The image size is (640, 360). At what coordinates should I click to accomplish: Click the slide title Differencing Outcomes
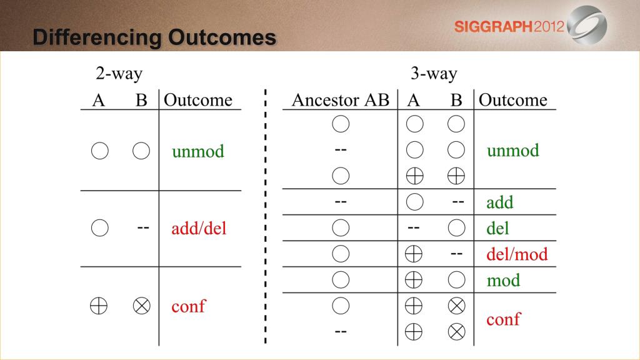[154, 37]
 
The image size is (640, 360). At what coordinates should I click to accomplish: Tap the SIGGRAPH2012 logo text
[509, 27]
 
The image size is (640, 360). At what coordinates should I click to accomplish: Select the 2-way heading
[119, 74]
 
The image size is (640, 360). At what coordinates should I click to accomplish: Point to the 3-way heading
[434, 74]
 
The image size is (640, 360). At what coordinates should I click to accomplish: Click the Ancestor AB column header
[341, 100]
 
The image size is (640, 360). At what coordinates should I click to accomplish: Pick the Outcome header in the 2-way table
[198, 100]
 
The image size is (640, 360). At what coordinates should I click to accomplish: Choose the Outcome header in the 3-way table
[512, 100]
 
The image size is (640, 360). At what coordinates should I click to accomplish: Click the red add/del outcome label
[199, 228]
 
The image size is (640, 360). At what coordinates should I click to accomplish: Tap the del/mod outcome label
[517, 254]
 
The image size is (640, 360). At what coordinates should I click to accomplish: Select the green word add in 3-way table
[499, 202]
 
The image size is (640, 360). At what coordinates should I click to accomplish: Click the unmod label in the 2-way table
[198, 151]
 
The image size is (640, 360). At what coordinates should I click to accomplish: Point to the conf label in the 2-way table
[189, 306]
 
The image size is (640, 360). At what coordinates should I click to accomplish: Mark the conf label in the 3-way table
[503, 319]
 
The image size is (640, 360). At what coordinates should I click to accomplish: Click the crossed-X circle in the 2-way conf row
[142, 306]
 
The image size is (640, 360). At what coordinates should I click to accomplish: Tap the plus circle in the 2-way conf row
[99, 306]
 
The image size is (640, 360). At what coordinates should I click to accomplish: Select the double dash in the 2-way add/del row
[143, 227]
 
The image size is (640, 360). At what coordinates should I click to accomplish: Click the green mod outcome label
[503, 281]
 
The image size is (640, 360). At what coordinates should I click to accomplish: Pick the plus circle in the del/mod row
[414, 254]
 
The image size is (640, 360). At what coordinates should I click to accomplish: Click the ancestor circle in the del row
[341, 227]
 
